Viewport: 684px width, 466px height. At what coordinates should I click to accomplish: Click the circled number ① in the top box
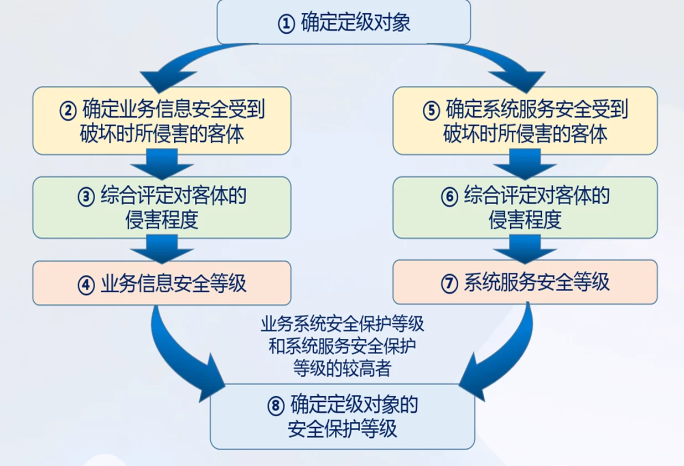[x=286, y=24]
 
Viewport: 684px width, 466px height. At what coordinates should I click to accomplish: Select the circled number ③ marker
[x=86, y=197]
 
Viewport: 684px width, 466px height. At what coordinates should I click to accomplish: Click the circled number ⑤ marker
[x=431, y=110]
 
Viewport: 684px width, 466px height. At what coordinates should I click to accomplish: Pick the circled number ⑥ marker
[x=449, y=197]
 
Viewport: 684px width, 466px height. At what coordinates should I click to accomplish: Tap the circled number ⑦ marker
[x=449, y=283]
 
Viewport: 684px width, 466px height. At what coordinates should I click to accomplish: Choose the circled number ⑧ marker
[x=275, y=406]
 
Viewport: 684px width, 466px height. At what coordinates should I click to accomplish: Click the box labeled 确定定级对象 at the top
[x=343, y=22]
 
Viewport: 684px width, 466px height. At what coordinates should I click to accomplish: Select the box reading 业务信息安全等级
[x=162, y=283]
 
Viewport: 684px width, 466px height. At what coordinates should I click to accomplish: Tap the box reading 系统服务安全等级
[x=525, y=282]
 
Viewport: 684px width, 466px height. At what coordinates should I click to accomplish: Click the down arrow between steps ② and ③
[x=162, y=165]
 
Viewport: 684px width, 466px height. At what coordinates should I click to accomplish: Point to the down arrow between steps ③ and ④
[x=162, y=250]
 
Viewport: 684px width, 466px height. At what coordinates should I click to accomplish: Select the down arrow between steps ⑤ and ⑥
[x=525, y=165]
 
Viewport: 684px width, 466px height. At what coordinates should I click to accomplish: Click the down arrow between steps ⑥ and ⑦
[x=525, y=249]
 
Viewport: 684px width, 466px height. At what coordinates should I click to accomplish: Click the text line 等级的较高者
[x=343, y=368]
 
